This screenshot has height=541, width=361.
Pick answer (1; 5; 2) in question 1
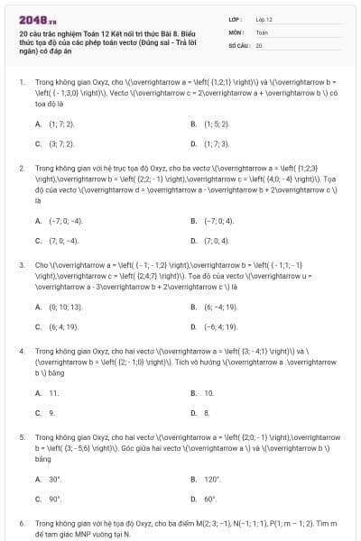coord(218,124)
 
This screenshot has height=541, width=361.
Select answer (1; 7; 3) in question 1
coord(218,143)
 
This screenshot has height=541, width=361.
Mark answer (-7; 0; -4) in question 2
coord(66,221)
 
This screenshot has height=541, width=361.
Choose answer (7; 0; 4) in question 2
coord(219,241)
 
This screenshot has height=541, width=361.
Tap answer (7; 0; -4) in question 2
coord(64,241)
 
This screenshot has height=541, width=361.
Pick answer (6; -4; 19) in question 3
coord(221,307)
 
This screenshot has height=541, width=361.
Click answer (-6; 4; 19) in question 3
coord(222,326)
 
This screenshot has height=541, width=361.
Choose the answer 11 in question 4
coord(54,393)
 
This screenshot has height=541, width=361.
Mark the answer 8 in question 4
coord(207,413)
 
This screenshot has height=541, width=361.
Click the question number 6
coord(22,523)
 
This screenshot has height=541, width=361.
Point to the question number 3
coord(22,265)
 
